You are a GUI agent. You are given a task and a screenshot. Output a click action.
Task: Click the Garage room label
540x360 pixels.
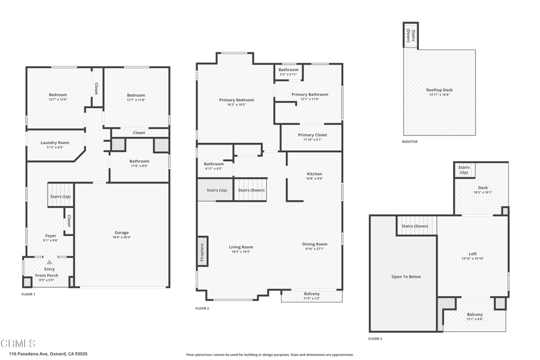[x=121, y=232]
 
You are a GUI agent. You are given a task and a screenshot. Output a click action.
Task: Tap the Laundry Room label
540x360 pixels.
[x=55, y=143]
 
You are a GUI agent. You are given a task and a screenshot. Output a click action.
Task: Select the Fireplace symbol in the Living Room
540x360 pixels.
[x=202, y=251]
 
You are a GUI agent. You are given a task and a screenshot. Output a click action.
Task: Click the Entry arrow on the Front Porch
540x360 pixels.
[x=49, y=262]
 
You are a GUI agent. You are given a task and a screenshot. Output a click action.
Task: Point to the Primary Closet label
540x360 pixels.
[x=312, y=135]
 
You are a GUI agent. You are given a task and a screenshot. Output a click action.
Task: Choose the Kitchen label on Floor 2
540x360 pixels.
[x=314, y=174]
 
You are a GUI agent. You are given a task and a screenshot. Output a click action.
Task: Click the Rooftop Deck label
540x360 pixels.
[x=439, y=90]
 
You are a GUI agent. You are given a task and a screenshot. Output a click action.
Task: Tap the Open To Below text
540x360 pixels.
[x=406, y=277]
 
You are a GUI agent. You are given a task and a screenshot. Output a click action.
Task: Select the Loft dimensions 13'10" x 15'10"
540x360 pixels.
[x=472, y=259]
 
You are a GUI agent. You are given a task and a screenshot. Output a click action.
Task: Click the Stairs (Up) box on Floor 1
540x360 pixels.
[x=60, y=195]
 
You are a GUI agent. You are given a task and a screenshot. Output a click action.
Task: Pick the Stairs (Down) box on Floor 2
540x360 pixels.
[x=250, y=190]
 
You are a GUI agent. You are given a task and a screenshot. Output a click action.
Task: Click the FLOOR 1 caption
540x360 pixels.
[x=28, y=294]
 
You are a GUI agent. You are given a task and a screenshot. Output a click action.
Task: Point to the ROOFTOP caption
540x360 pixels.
[x=410, y=142]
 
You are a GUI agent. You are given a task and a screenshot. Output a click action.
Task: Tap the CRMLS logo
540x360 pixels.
[x=18, y=344]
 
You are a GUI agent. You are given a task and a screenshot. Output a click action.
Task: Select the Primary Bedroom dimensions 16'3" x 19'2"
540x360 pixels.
[x=236, y=105]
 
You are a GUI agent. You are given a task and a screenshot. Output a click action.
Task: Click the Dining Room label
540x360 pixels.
[x=315, y=244]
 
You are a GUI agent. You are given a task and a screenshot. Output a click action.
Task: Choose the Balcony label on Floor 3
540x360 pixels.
[x=475, y=315]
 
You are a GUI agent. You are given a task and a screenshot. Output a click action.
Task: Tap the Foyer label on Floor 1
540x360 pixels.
[x=51, y=236]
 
